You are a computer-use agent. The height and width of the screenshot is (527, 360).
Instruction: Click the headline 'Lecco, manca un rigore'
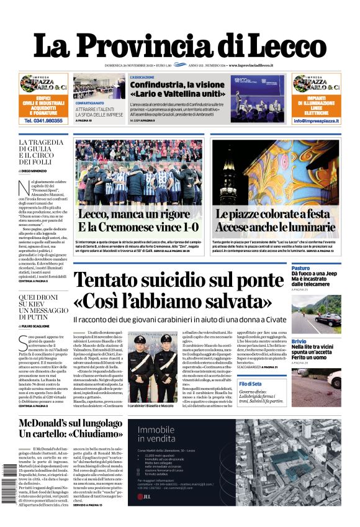pyautogui.click(x=125, y=215)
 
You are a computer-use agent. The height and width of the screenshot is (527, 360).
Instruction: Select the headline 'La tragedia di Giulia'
pyautogui.click(x=41, y=152)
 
